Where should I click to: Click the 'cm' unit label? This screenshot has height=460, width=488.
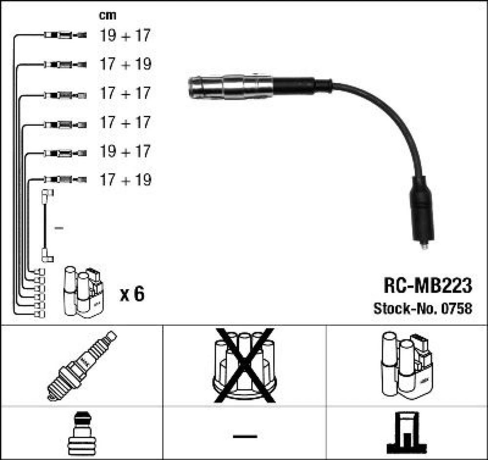[x=107, y=16]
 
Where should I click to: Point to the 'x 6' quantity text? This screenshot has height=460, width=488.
[x=132, y=294]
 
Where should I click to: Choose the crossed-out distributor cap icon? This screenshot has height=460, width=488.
[x=244, y=365]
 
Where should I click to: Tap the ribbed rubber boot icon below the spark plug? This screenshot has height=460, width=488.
[x=81, y=434]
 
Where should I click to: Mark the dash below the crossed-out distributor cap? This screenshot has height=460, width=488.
[x=244, y=436]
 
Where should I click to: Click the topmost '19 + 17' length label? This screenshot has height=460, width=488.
[x=125, y=36]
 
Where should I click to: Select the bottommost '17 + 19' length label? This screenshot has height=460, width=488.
[x=125, y=180]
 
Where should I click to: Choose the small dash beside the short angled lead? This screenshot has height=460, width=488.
[x=59, y=228]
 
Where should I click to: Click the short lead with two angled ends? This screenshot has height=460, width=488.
[x=46, y=225]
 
